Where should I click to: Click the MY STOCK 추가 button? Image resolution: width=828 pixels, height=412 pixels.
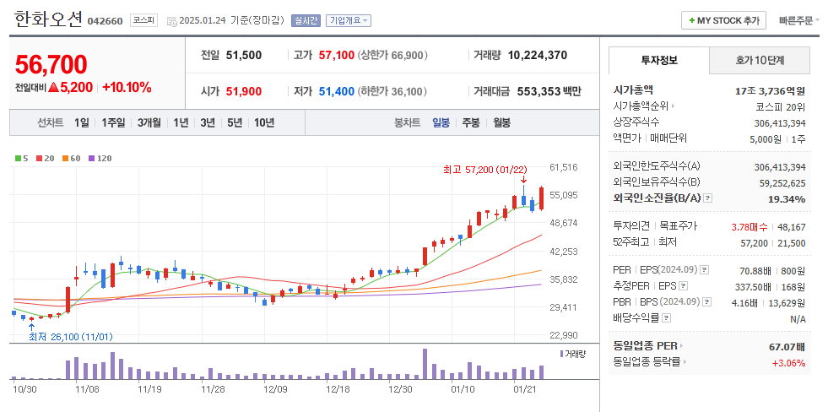[723, 20]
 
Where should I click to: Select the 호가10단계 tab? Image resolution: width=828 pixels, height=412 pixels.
[760, 61]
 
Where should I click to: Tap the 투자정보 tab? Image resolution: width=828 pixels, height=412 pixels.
[658, 61]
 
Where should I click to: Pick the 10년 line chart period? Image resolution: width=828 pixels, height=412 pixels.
[263, 122]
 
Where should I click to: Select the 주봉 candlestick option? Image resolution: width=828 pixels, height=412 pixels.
[470, 122]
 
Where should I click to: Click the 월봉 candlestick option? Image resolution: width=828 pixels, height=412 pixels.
[501, 122]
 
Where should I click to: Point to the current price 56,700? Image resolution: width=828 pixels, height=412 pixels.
[51, 64]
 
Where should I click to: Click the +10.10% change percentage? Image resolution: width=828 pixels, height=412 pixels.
[127, 87]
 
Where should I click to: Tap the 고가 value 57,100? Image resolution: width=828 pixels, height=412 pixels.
[336, 56]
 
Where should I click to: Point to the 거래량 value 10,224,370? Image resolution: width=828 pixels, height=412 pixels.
[537, 56]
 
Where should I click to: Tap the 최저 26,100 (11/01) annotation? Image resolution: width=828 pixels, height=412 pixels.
[70, 336]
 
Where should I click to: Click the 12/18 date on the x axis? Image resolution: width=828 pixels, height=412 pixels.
[338, 389]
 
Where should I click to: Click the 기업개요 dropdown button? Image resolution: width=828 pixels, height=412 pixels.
[348, 20]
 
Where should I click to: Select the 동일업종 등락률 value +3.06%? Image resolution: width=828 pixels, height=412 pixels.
[787, 363]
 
